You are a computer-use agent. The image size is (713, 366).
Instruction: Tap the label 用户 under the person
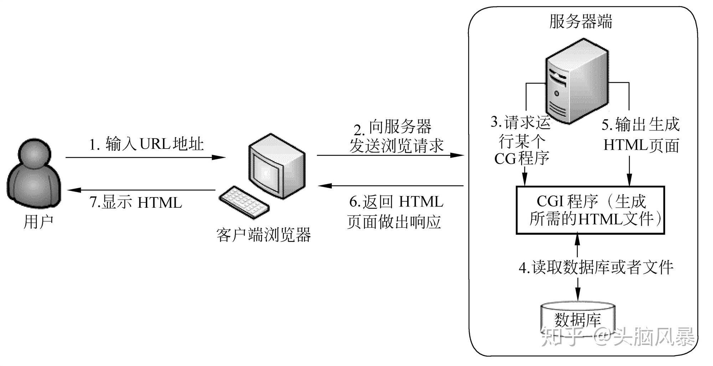tap(38, 221)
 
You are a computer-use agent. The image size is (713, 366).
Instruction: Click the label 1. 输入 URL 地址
tap(146, 144)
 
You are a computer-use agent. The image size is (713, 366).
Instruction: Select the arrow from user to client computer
tap(145, 157)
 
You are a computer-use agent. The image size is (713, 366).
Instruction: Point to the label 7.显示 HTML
tap(136, 202)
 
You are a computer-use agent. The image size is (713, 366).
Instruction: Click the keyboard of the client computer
tap(244, 202)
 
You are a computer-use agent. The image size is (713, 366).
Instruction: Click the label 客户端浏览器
tap(264, 234)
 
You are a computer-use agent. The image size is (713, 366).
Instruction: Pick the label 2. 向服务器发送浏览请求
tap(396, 136)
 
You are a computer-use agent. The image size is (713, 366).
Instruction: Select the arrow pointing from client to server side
tap(390, 155)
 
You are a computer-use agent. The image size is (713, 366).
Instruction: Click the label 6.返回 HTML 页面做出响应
tap(395, 212)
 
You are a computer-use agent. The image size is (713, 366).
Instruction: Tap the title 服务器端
tap(581, 21)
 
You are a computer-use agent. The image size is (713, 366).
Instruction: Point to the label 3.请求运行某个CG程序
tap(521, 140)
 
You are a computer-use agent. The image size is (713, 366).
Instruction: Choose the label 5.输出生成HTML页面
tap(641, 135)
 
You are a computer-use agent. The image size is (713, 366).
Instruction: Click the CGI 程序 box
tap(590, 210)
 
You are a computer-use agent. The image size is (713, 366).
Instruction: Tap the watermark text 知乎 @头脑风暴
tap(618, 336)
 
